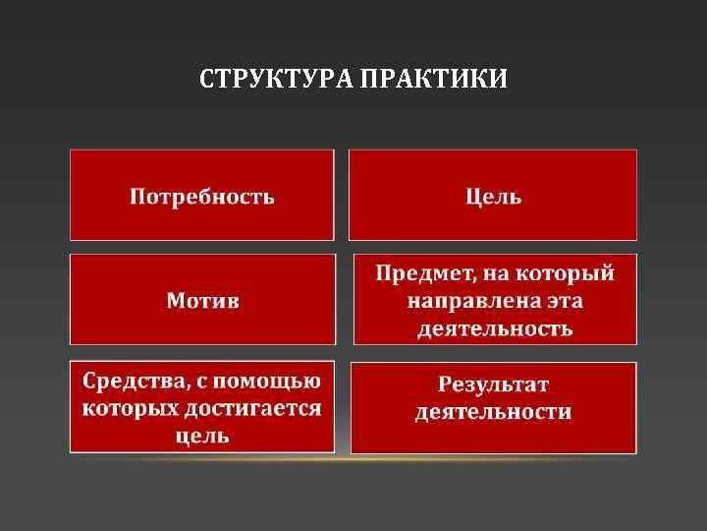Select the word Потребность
(x=202, y=196)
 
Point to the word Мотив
(x=202, y=299)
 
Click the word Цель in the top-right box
(x=493, y=196)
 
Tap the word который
(x=564, y=272)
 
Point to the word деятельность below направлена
(x=494, y=326)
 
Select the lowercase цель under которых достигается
(x=202, y=435)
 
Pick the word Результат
(x=493, y=383)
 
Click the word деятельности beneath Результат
(x=493, y=411)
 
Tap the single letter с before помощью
(x=197, y=381)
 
